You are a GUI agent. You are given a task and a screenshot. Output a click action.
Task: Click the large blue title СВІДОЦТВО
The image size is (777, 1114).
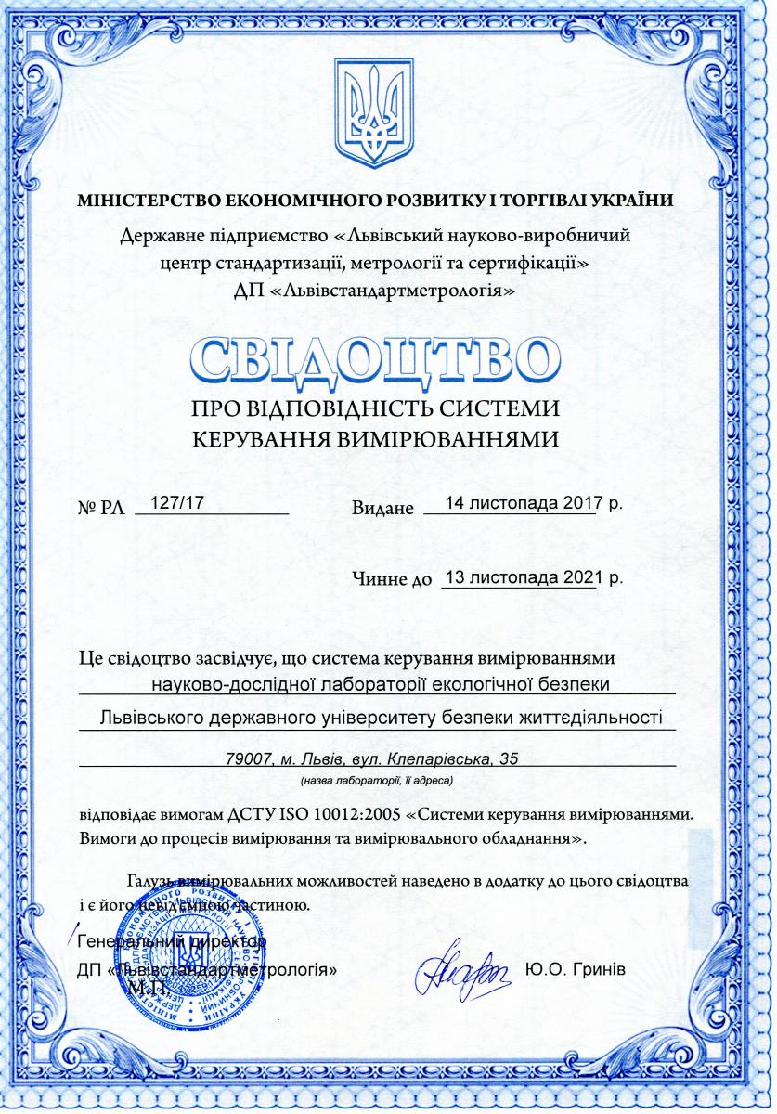click(x=376, y=363)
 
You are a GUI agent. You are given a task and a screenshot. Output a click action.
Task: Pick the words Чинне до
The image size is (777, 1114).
click(x=393, y=581)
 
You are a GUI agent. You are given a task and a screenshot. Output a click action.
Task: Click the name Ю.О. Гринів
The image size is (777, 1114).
click(x=576, y=969)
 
